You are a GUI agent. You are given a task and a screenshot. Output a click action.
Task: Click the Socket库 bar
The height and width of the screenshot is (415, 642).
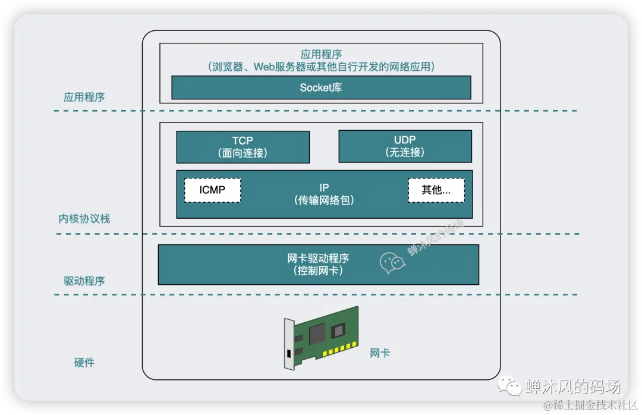pyautogui.click(x=321, y=87)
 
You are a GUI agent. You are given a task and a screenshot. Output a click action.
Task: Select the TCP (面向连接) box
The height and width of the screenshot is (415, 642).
pyautogui.click(x=243, y=147)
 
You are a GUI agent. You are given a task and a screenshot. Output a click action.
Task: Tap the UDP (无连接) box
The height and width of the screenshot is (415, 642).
pyautogui.click(x=405, y=146)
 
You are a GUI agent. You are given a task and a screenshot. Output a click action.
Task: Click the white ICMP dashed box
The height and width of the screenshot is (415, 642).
pyautogui.click(x=212, y=190)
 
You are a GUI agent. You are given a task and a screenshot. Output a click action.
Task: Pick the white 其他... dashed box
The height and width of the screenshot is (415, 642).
pyautogui.click(x=436, y=190)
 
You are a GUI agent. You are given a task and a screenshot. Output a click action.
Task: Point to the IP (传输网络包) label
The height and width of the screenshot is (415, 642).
pyautogui.click(x=324, y=194)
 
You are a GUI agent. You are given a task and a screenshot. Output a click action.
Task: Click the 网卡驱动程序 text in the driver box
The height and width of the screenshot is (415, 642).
pyautogui.click(x=318, y=259)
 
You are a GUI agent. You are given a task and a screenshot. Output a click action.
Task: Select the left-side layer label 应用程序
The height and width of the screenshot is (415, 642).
pyautogui.click(x=84, y=97)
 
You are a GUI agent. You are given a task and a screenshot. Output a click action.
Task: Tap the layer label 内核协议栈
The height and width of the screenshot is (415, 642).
pyautogui.click(x=84, y=219)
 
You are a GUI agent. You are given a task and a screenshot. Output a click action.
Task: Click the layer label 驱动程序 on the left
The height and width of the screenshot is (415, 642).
pyautogui.click(x=84, y=281)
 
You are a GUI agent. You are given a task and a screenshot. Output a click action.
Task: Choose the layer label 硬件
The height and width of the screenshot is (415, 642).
pyautogui.click(x=84, y=363)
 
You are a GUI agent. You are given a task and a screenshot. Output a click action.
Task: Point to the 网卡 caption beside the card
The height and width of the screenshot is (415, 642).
pyautogui.click(x=380, y=353)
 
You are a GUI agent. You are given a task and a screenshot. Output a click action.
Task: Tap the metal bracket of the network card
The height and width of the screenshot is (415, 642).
pyautogui.click(x=289, y=348)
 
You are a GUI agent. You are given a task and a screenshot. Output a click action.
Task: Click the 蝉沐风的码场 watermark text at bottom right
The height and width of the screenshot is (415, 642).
pyautogui.click(x=572, y=386)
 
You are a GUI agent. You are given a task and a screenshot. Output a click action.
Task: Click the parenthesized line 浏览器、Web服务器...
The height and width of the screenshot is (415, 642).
pyautogui.click(x=321, y=67)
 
